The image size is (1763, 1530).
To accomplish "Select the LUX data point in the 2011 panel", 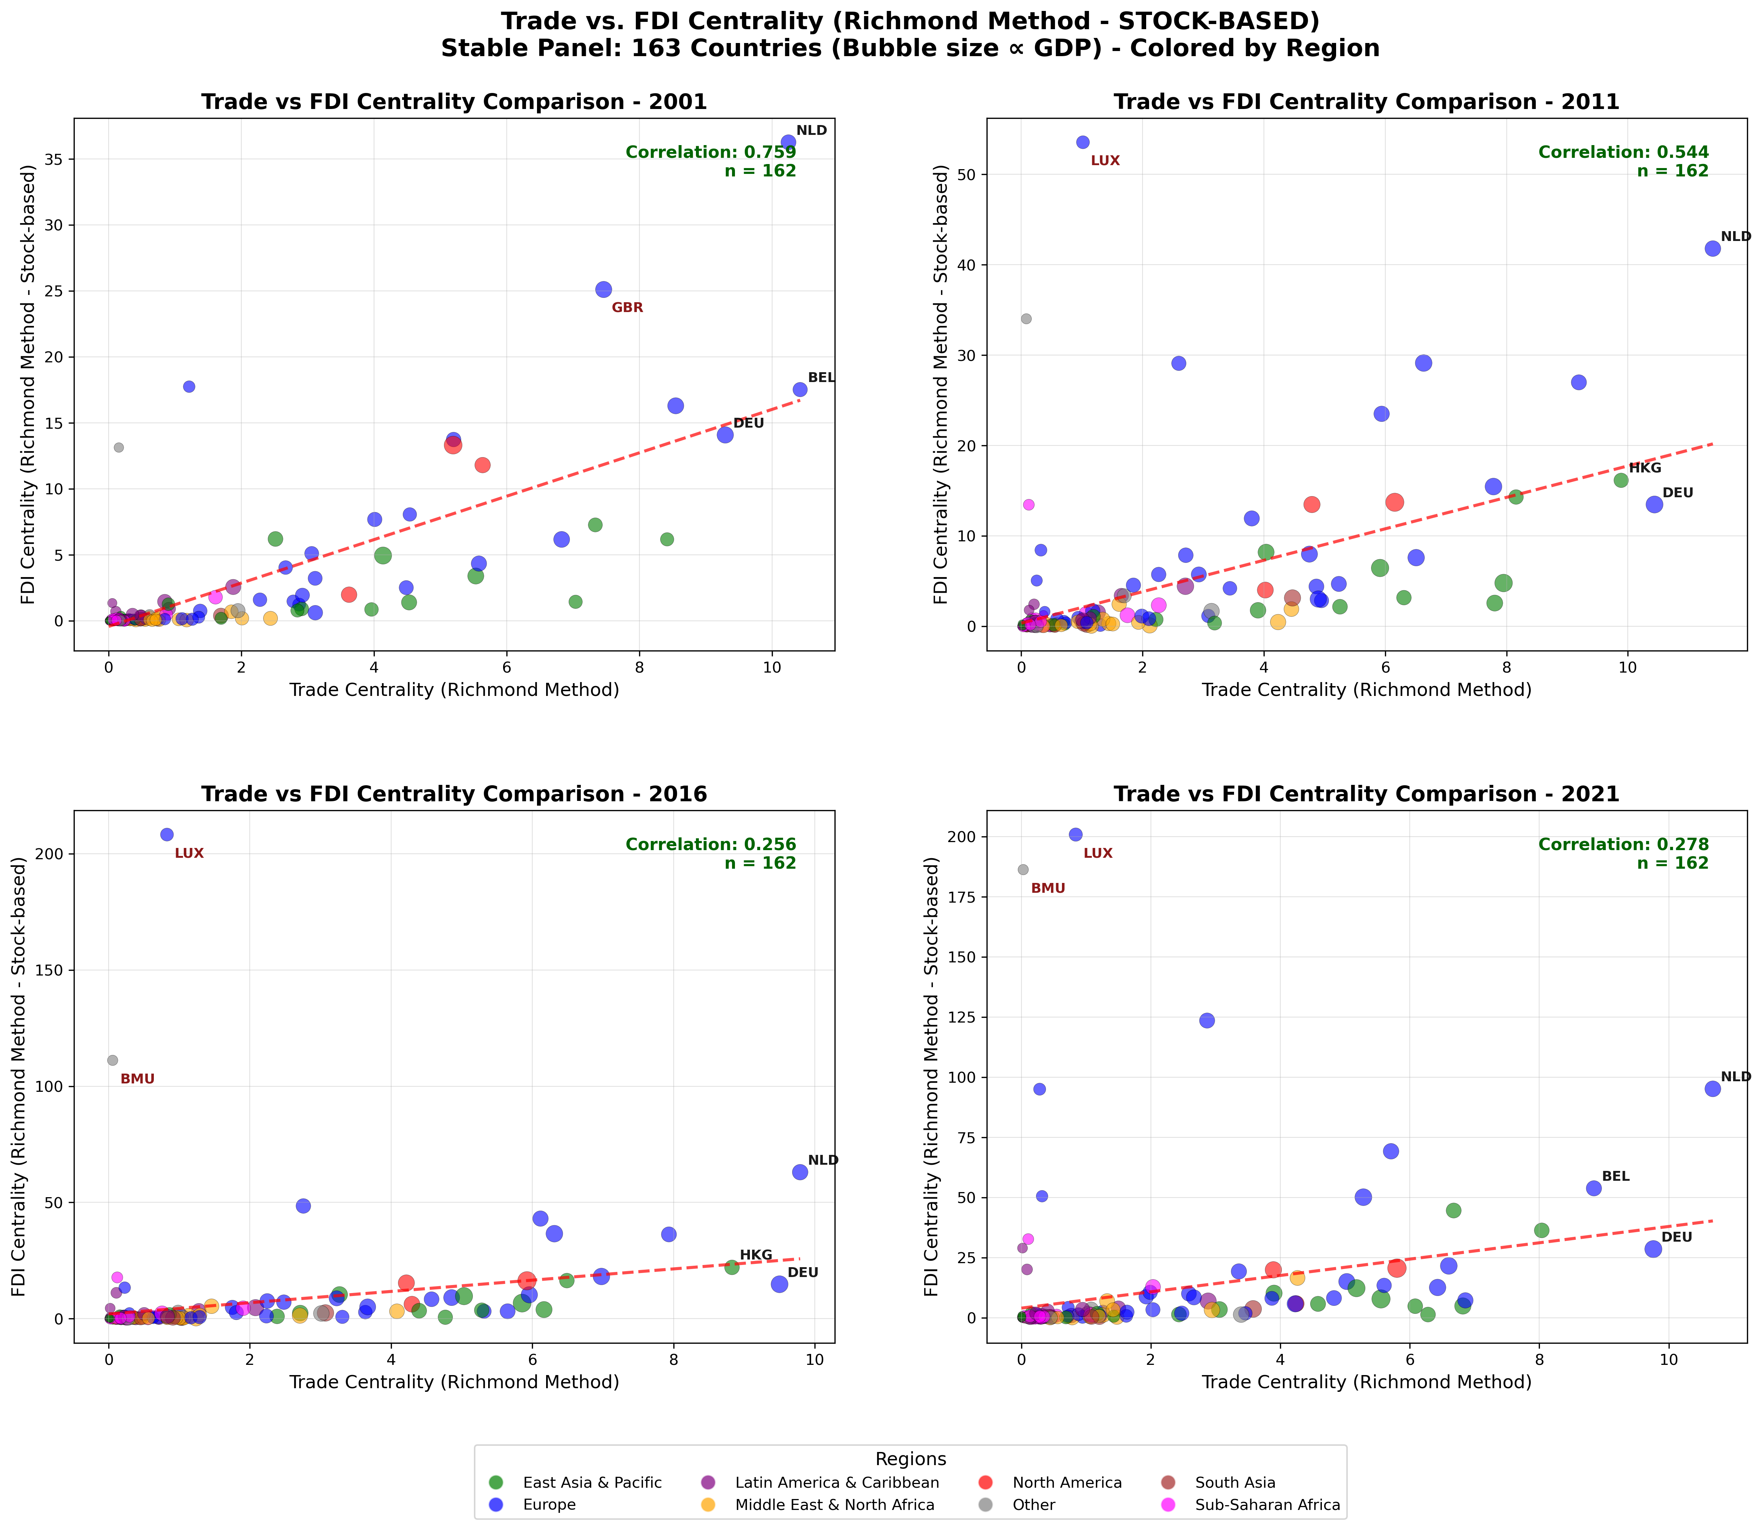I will [1083, 143].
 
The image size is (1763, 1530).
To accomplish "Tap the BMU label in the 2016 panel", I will [137, 1079].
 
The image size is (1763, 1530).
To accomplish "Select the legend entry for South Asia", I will [1234, 1483].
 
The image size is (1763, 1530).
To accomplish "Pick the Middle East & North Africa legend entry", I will [834, 1505].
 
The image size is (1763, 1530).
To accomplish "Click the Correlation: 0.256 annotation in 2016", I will [710, 844].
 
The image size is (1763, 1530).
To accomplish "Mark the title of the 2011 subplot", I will [1366, 102].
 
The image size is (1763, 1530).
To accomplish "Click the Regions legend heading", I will [910, 1459].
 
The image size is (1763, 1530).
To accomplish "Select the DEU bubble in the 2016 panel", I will [779, 1284].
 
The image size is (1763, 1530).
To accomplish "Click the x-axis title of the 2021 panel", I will [1366, 1382].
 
